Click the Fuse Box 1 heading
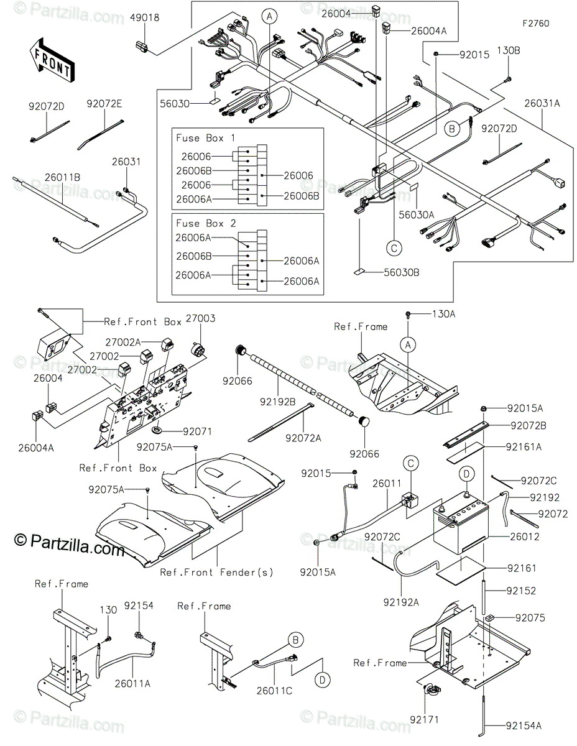201,137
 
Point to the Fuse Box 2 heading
201,223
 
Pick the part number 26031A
542,104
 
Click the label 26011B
62,177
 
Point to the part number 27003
203,318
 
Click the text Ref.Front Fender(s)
216,572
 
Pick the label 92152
521,591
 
